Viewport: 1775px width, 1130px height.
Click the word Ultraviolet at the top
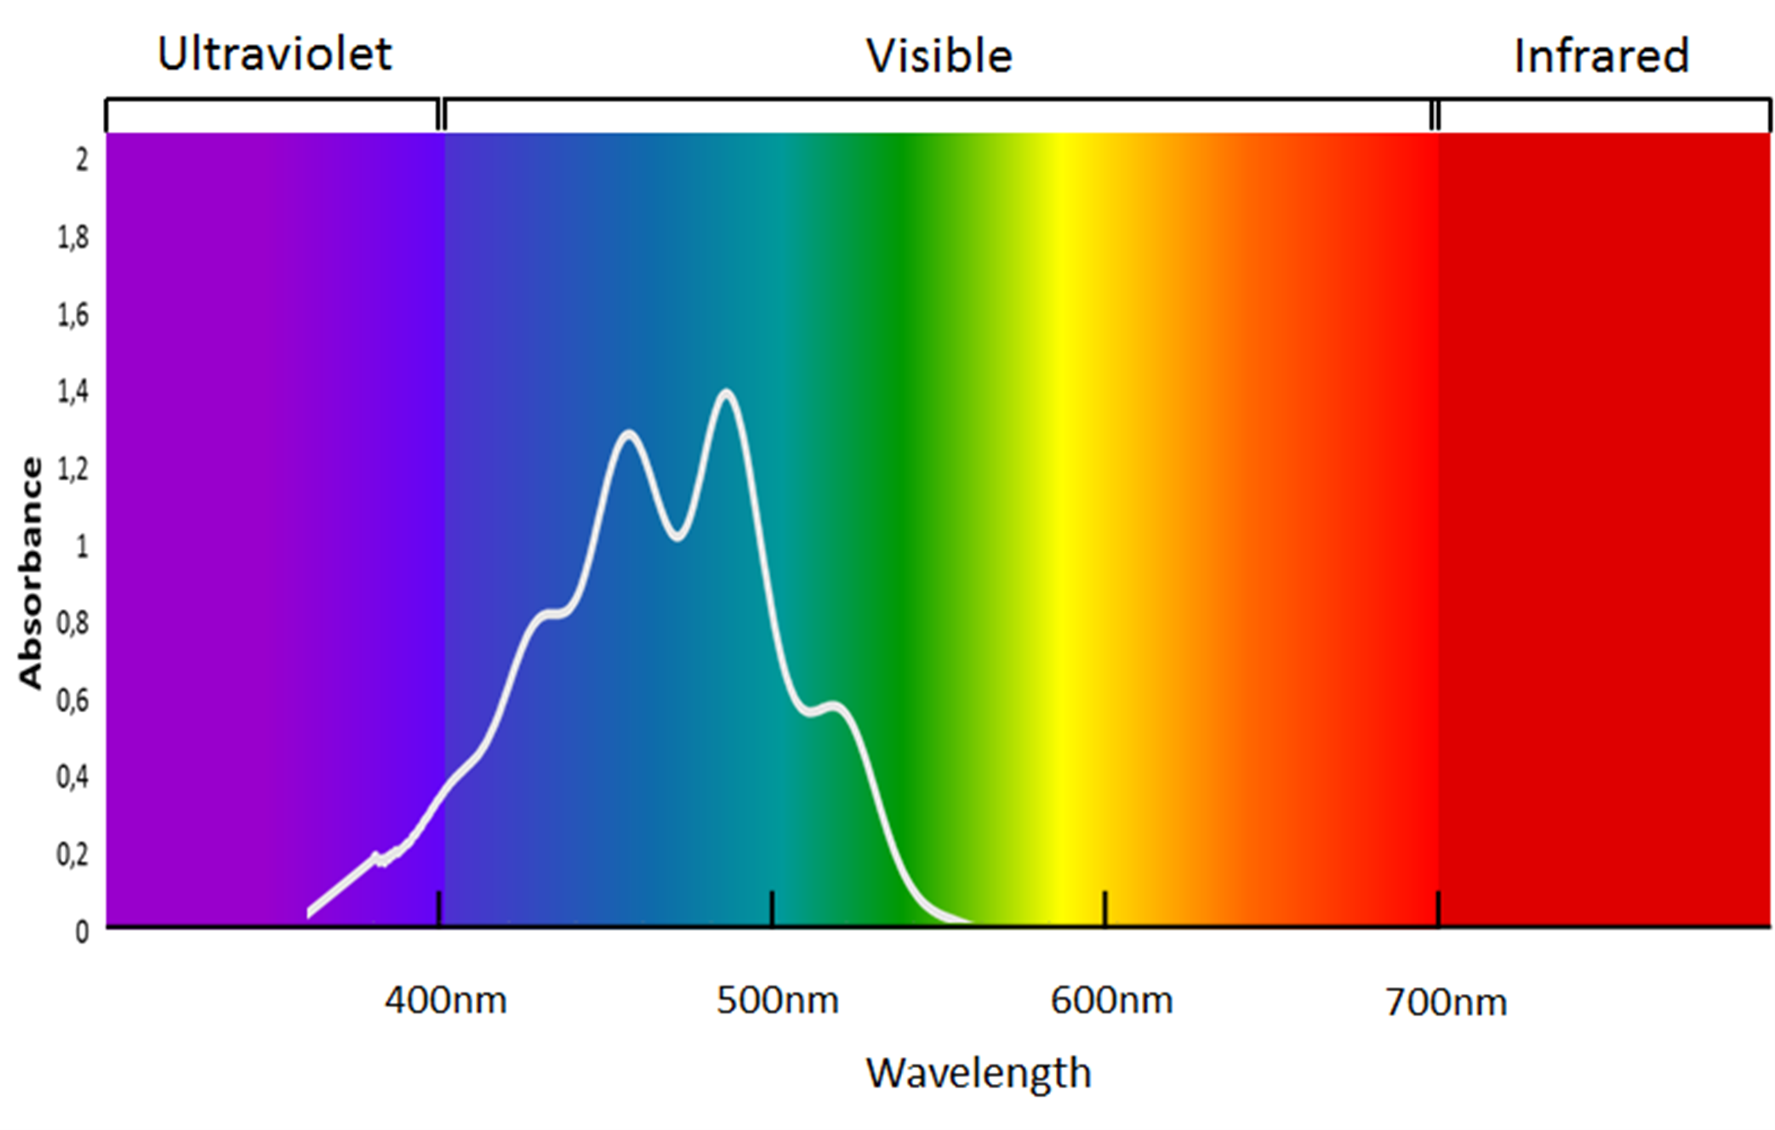pyautogui.click(x=274, y=54)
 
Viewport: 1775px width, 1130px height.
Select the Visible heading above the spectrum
pyautogui.click(x=939, y=57)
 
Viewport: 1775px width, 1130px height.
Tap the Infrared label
pyautogui.click(x=1601, y=56)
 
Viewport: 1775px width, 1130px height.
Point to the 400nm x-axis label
pyautogui.click(x=445, y=1001)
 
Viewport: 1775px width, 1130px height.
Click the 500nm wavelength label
pyautogui.click(x=777, y=1001)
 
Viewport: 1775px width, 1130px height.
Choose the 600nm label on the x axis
pyautogui.click(x=1111, y=1001)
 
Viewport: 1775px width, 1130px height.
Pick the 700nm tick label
pyautogui.click(x=1446, y=1002)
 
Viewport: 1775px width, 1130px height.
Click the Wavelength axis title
pyautogui.click(x=979, y=1073)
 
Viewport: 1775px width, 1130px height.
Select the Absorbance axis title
pyautogui.click(x=31, y=573)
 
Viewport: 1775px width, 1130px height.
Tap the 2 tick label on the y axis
pyautogui.click(x=82, y=159)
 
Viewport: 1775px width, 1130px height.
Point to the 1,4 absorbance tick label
pyautogui.click(x=72, y=391)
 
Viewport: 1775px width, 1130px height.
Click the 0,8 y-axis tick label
pyautogui.click(x=72, y=623)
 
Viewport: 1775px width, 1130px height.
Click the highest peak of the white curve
pyautogui.click(x=726, y=392)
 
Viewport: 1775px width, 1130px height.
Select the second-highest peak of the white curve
pyautogui.click(x=629, y=434)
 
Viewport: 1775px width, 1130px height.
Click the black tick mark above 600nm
pyautogui.click(x=1104, y=908)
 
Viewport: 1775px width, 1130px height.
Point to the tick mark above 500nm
pyautogui.click(x=772, y=908)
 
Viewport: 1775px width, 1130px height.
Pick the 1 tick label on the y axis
pyautogui.click(x=82, y=546)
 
